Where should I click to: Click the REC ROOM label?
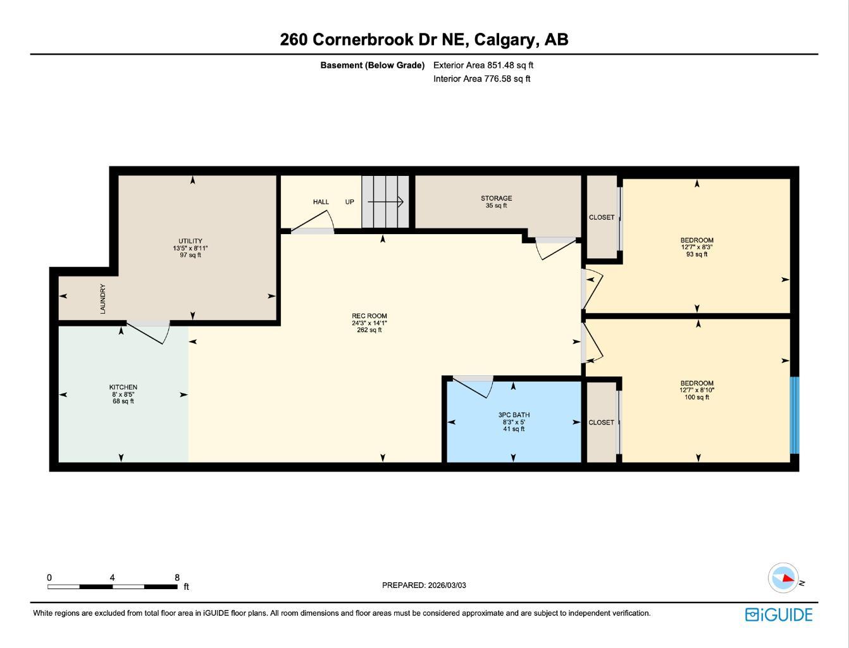point(369,316)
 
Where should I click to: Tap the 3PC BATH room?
point(514,422)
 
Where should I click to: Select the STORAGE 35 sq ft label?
point(496,202)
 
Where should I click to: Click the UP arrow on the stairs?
point(385,202)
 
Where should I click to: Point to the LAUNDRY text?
point(102,299)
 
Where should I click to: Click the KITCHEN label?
point(123,387)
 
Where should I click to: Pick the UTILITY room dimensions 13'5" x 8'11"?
point(190,248)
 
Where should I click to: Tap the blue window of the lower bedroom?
point(795,416)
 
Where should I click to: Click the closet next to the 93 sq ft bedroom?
point(602,217)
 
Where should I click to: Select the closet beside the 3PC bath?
point(601,423)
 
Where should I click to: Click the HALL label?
point(321,202)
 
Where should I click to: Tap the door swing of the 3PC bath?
point(475,385)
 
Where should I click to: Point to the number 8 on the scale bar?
point(177,577)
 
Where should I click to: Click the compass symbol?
point(784,578)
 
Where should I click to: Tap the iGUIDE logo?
point(778,614)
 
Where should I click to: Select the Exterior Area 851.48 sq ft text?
point(483,65)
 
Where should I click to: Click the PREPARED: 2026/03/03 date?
point(424,585)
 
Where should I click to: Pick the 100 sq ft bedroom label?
point(697,390)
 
